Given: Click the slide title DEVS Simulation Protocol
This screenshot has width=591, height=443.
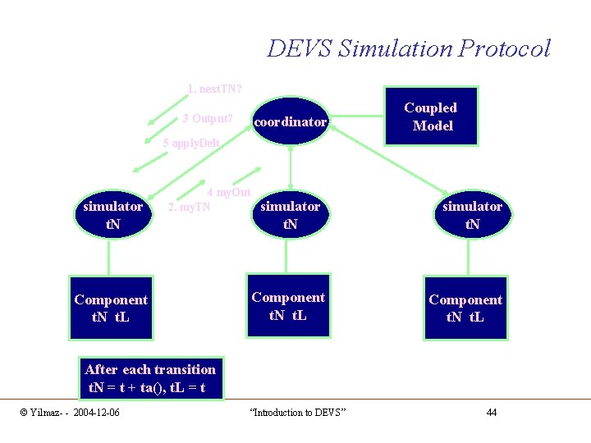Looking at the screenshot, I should click(408, 48).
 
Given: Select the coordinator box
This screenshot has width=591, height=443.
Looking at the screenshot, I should click(291, 122).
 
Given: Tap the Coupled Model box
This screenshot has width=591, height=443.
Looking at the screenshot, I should click(430, 116).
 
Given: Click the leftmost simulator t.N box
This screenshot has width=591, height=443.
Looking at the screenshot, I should click(112, 214).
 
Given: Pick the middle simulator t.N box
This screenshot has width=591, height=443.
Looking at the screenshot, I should click(289, 214).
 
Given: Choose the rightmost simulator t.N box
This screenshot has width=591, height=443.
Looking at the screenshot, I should click(471, 214).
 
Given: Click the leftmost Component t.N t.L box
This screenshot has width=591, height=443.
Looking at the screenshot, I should click(111, 308).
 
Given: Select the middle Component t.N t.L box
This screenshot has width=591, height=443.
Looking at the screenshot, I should click(288, 305).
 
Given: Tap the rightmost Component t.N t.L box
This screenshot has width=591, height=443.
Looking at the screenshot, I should click(465, 308).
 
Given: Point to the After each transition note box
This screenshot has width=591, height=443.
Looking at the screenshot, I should click(149, 378).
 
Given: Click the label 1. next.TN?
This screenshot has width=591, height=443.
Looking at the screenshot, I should click(214, 89).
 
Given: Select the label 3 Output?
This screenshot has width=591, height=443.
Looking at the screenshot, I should click(208, 119).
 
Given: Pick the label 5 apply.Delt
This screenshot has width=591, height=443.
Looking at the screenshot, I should click(191, 144).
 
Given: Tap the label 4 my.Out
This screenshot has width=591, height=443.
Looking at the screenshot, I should click(229, 192).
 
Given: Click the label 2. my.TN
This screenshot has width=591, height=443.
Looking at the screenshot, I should click(189, 207).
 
